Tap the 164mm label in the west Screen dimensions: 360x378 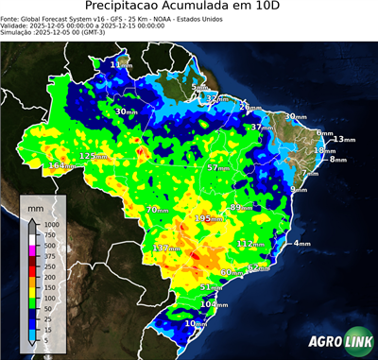[61, 166]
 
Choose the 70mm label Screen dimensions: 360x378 [158, 209]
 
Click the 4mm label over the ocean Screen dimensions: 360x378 [302, 244]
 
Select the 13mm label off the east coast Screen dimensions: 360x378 [345, 140]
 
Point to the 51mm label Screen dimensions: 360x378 [212, 287]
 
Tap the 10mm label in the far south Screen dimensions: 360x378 [195, 323]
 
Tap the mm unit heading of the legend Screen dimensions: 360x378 [36, 206]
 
